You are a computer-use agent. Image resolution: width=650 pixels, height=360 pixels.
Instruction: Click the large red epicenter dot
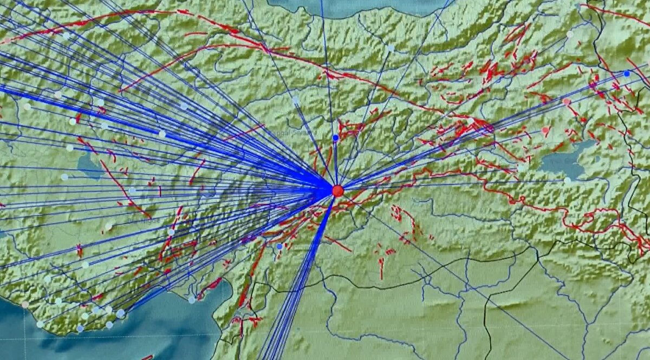tap(337, 191)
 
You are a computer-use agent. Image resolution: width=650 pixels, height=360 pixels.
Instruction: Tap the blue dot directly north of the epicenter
tap(335, 138)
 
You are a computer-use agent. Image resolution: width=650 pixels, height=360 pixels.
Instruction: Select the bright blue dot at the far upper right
tap(627, 74)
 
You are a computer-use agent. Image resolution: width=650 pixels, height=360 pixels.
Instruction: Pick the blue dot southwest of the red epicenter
tap(279, 246)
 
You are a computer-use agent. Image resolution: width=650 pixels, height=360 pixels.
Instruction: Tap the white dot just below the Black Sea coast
tap(391, 48)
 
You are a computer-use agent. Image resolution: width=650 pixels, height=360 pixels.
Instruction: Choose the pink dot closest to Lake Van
tap(545, 130)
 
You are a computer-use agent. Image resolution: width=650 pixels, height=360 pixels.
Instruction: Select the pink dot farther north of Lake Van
tap(566, 101)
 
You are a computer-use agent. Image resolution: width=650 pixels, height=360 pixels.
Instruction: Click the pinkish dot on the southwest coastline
tap(25, 305)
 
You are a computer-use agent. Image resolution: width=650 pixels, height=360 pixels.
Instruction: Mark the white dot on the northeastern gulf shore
tap(192, 299)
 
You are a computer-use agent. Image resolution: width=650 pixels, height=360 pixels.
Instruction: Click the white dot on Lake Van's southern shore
tap(567, 180)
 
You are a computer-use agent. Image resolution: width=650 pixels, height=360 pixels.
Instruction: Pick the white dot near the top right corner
tap(570, 34)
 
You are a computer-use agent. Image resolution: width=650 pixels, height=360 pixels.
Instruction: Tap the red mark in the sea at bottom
tap(147, 357)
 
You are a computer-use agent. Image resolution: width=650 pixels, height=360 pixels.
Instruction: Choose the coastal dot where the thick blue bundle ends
tap(120, 313)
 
